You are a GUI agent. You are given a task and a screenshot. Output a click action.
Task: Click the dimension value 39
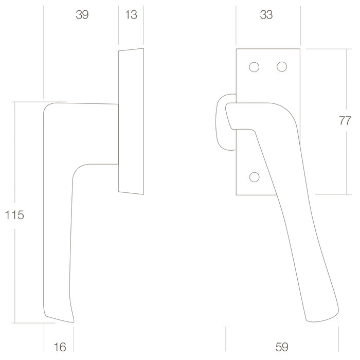pos(82,15)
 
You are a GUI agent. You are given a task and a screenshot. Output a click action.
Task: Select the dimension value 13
pos(131,15)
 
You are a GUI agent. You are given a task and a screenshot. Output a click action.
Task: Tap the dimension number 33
pos(266,15)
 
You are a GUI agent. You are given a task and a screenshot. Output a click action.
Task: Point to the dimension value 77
pos(345,121)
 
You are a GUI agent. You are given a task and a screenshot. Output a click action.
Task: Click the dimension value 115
pos(14,215)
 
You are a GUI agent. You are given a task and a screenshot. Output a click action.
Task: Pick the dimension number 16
pos(60,347)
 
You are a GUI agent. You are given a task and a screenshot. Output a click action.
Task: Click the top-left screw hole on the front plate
pos(254,67)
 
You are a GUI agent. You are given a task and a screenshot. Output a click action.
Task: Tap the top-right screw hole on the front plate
pos(281,67)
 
